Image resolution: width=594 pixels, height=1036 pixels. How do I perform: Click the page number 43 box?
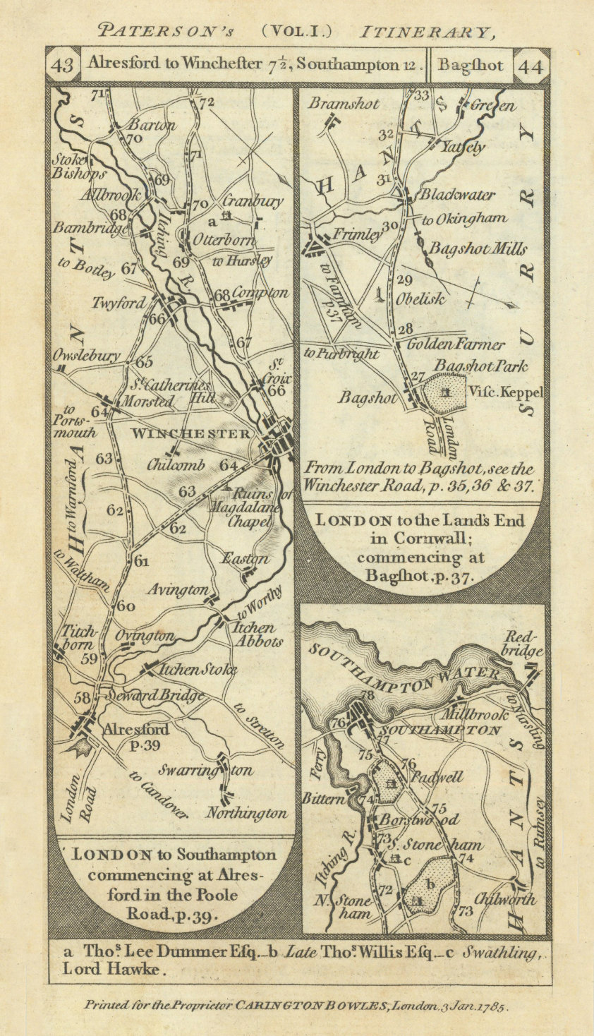coord(63,66)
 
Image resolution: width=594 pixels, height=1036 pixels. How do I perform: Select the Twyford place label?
coord(119,303)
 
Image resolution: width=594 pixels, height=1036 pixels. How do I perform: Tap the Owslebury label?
coord(86,356)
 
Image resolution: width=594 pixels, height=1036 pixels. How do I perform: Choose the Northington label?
coord(247,814)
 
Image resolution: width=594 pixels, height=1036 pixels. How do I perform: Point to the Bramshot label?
coord(344,104)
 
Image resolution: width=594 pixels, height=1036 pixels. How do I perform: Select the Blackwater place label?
coord(457,195)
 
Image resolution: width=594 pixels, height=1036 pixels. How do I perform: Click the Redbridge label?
coord(525,642)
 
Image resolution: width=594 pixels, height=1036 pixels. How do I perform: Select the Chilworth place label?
coord(505,900)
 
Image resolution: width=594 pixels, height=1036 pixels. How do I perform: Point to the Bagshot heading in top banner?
coord(470,66)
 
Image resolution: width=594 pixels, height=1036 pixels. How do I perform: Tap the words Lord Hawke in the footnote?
coord(116,969)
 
